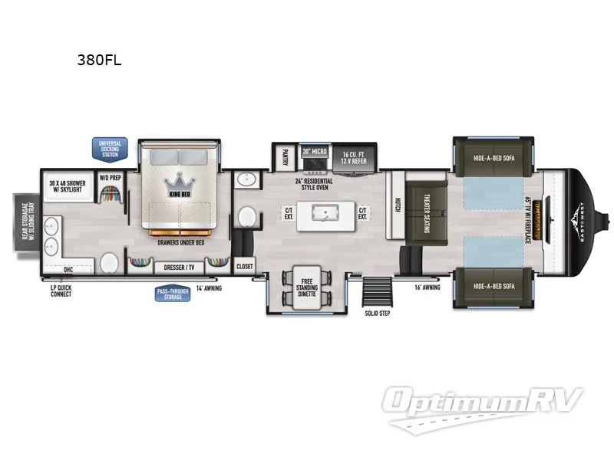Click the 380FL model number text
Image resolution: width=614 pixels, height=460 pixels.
coord(99,62)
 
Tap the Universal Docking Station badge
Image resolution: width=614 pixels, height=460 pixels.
coord(110,148)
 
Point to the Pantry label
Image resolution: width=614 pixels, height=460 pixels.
coord(284,157)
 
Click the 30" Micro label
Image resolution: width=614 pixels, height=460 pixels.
coord(315,152)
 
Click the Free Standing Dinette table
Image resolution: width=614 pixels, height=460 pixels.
coord(307,287)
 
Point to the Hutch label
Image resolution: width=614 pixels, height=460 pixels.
coord(398,205)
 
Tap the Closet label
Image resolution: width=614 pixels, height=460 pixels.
coord(244,266)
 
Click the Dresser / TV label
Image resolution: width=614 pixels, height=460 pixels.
coord(179,268)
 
